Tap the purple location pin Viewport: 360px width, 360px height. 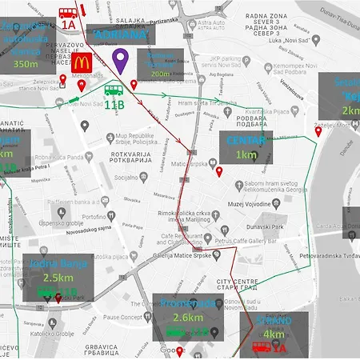click(120, 60)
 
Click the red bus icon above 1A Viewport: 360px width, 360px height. click(68, 13)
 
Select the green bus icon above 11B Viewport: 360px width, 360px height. click(114, 90)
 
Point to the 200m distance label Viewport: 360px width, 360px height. click(161, 73)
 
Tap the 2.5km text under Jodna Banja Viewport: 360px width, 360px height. click(58, 278)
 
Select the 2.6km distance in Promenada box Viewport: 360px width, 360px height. click(186, 318)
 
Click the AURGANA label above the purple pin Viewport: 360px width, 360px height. click(118, 36)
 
